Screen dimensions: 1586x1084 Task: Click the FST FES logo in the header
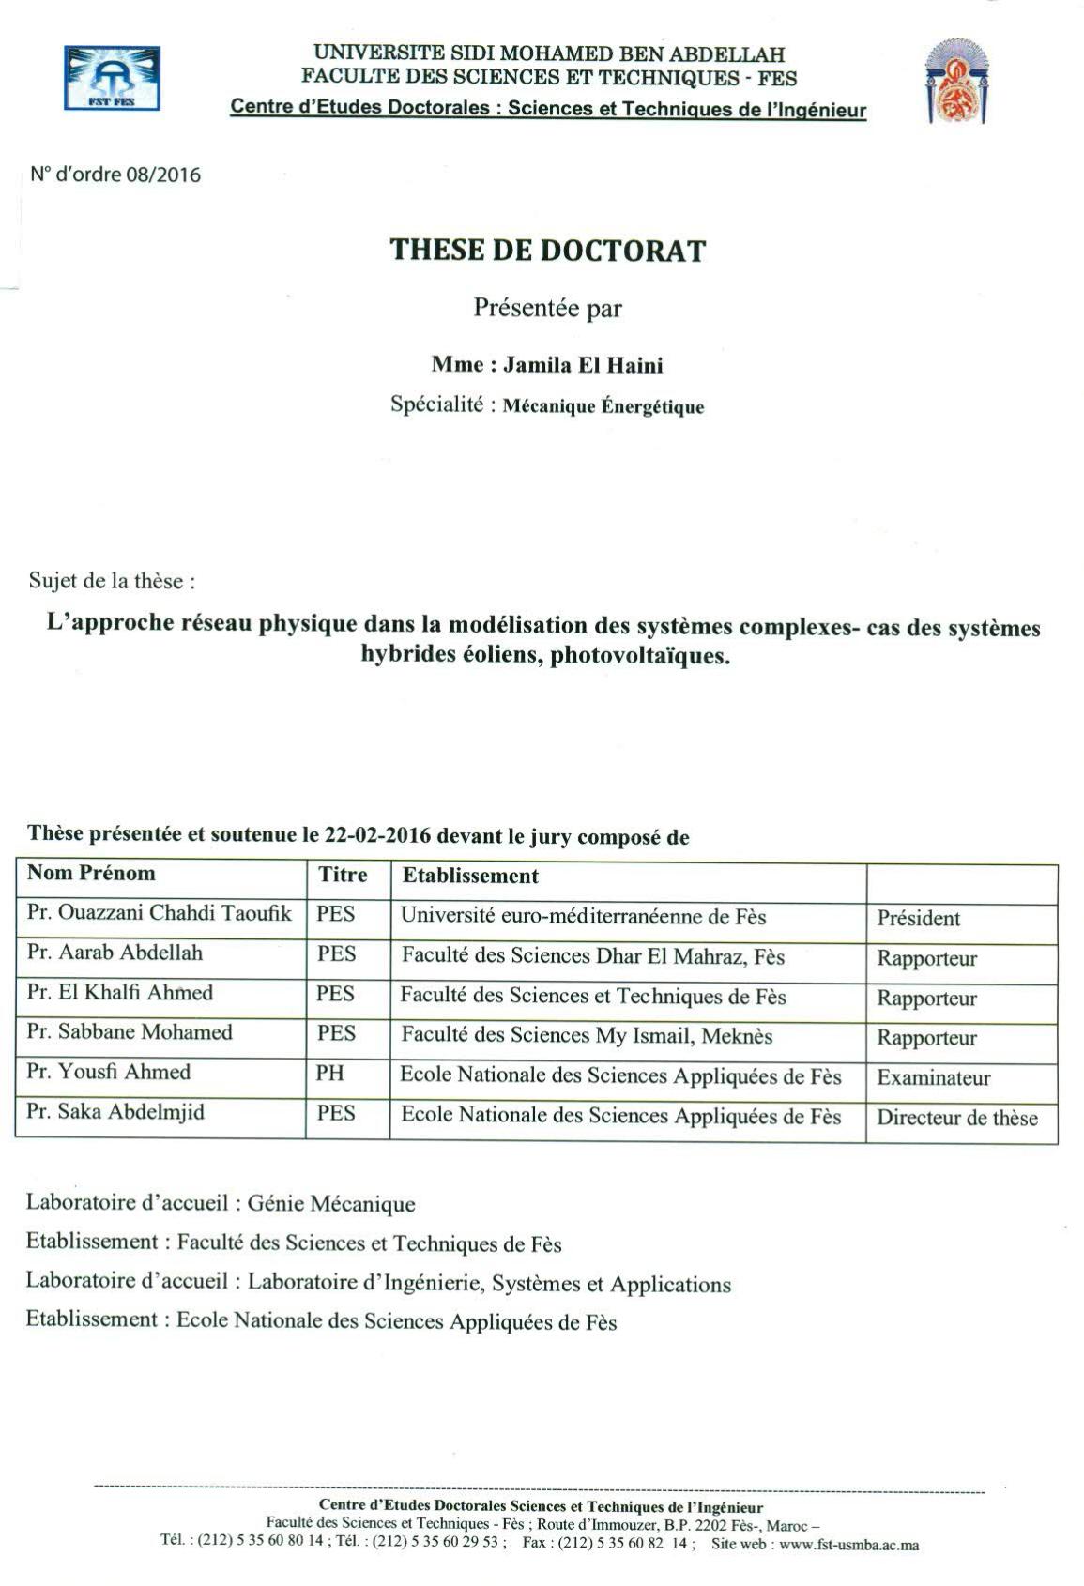click(111, 79)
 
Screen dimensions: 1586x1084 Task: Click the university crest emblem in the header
click(957, 82)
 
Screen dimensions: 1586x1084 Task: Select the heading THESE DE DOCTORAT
click(547, 251)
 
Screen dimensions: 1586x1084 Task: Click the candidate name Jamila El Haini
click(583, 364)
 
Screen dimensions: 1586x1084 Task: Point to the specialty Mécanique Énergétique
click(603, 406)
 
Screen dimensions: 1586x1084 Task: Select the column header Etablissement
click(470, 876)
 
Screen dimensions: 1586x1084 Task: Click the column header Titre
click(343, 875)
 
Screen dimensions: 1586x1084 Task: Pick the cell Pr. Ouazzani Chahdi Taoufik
click(159, 913)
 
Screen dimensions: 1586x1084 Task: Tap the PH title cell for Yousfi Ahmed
click(330, 1073)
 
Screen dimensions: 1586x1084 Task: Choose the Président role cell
click(918, 918)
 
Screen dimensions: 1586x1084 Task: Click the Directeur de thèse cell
click(956, 1118)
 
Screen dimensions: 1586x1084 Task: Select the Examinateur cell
click(933, 1077)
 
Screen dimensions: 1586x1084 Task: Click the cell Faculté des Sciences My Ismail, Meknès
click(587, 1036)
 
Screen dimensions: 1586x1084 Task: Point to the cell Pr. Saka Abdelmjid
click(115, 1112)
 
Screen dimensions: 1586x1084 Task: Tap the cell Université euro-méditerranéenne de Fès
click(583, 916)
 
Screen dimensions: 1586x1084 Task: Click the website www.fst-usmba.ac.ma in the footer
click(848, 1544)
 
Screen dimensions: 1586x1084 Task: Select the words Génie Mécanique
click(330, 1203)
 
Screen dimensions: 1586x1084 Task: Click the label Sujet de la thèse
click(112, 581)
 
